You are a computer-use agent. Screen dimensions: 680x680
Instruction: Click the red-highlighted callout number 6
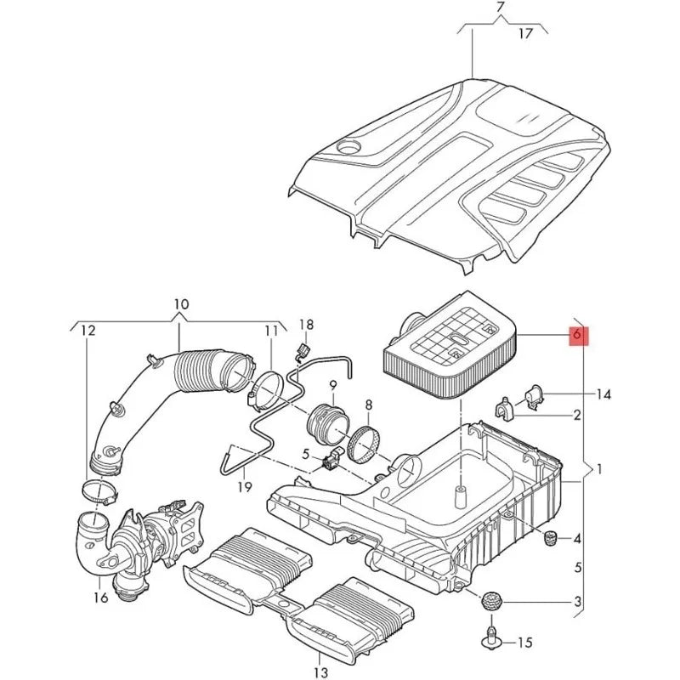[x=577, y=334]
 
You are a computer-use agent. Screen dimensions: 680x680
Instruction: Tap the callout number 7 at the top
[x=501, y=8]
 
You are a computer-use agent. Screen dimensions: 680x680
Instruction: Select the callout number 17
[x=525, y=33]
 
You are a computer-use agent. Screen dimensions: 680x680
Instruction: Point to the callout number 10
[x=182, y=304]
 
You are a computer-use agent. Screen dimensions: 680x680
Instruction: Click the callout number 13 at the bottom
[x=320, y=673]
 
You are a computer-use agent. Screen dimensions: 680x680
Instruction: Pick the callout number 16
[x=100, y=598]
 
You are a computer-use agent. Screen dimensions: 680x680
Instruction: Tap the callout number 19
[x=245, y=487]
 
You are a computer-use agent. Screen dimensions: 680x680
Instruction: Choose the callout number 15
[x=524, y=643]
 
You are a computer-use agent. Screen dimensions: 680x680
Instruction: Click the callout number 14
[x=603, y=394]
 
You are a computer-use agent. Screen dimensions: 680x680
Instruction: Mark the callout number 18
[x=306, y=325]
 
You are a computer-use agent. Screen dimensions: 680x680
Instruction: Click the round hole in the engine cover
[x=348, y=146]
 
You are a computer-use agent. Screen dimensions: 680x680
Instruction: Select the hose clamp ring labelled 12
[x=100, y=491]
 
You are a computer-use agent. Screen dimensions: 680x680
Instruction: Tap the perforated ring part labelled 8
[x=364, y=445]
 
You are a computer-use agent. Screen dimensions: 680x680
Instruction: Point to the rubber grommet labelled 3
[x=491, y=602]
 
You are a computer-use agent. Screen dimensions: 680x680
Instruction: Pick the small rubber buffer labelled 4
[x=550, y=539]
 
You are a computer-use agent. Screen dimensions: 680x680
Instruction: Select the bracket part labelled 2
[x=504, y=409]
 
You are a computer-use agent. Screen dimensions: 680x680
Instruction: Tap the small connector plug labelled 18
[x=302, y=350]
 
